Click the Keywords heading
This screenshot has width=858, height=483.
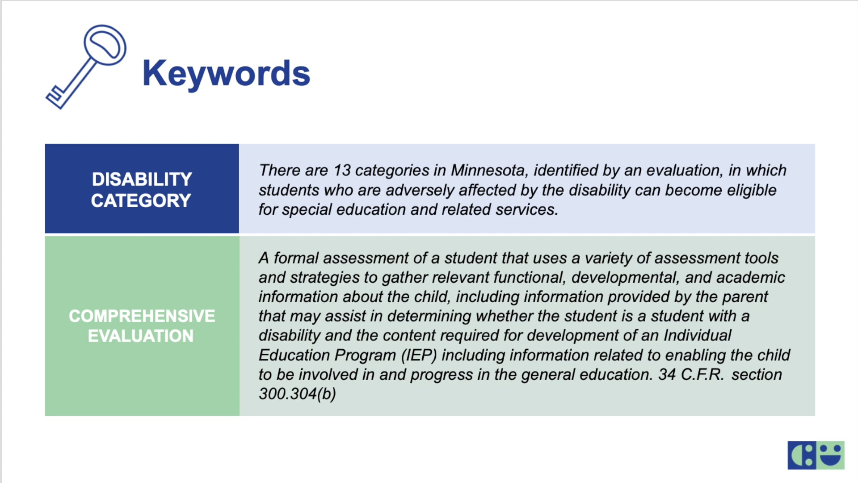[x=226, y=73]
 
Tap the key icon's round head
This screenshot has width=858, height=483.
[x=105, y=45]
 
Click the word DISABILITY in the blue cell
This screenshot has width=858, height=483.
[x=142, y=179]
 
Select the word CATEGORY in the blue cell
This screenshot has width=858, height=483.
[x=141, y=201]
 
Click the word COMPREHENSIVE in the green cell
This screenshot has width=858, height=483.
[x=142, y=316]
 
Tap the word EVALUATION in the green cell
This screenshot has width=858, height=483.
[x=141, y=336]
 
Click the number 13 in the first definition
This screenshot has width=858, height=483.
[x=342, y=170]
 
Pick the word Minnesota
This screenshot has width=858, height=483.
[x=488, y=170]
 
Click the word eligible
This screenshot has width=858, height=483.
[x=751, y=191]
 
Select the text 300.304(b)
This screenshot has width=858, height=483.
[x=297, y=394]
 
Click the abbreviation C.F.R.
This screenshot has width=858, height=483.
[x=702, y=375]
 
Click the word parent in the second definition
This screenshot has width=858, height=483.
[x=745, y=297]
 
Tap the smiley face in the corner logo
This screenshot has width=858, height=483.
[x=831, y=455]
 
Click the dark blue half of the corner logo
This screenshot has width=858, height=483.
[x=802, y=455]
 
